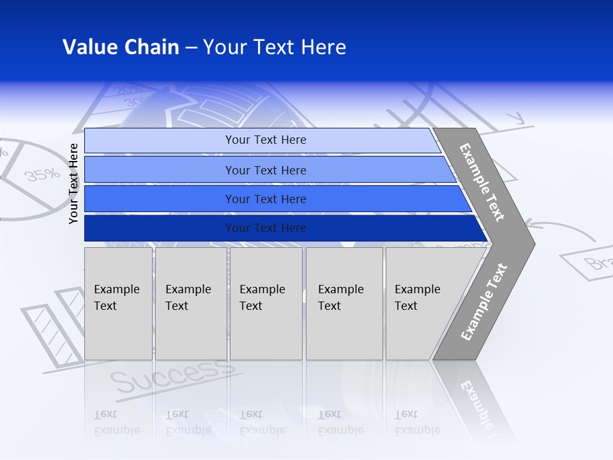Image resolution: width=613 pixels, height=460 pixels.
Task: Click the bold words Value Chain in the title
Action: pyautogui.click(x=121, y=47)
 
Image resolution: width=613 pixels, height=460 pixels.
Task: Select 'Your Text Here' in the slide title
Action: pyautogui.click(x=275, y=47)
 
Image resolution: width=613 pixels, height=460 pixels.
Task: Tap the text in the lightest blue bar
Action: pyautogui.click(x=266, y=140)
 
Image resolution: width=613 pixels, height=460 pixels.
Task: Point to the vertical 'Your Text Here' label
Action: pyautogui.click(x=73, y=183)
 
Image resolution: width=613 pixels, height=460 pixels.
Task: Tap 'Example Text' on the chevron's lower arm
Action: pyautogui.click(x=483, y=302)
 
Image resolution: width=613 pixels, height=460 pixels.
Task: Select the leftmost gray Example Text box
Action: pyautogui.click(x=118, y=303)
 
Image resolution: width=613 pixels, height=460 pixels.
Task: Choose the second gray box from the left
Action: pyautogui.click(x=190, y=303)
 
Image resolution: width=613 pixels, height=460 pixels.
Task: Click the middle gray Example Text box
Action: pyautogui.click(x=266, y=303)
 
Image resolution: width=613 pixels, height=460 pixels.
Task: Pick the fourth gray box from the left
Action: pyautogui.click(x=344, y=303)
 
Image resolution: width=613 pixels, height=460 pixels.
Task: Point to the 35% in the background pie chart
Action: pyautogui.click(x=42, y=174)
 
